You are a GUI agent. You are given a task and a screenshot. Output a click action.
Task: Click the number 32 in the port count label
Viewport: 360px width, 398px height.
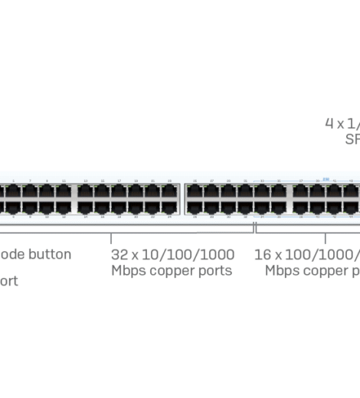pos(119,254)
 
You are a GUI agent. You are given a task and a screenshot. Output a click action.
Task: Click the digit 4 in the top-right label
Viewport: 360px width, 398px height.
pos(329,123)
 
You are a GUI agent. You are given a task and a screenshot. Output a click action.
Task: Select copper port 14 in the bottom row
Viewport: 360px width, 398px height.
pos(85,207)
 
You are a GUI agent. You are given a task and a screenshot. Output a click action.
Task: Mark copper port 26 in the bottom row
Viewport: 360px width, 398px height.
pos(195,207)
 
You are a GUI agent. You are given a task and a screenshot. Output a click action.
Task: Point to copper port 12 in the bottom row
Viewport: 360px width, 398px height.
pos(64,207)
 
